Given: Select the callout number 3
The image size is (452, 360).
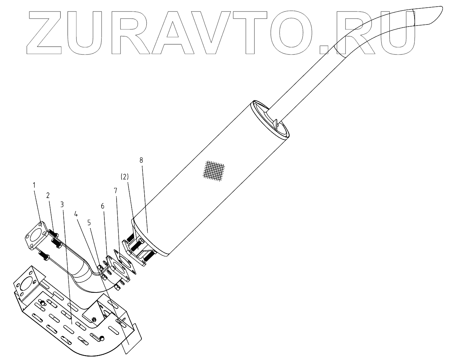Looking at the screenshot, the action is point(62,204).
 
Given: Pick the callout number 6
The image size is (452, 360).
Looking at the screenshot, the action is point(103,206).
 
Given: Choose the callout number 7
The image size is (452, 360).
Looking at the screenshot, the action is point(116,191).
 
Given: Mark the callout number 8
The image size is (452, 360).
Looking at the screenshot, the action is point(141,161).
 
